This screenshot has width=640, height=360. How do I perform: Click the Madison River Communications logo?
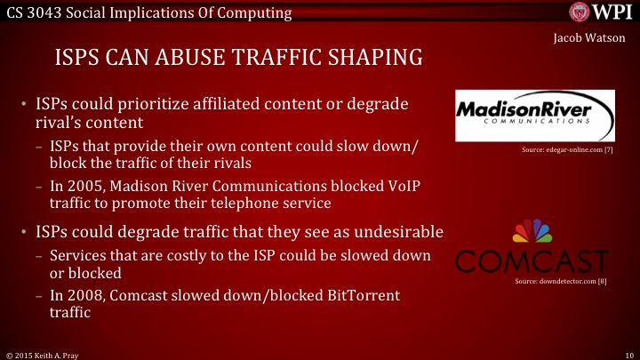pyautogui.click(x=533, y=116)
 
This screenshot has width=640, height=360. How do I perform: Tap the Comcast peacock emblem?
pyautogui.click(x=532, y=232)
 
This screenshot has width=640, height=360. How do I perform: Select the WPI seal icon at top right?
pyautogui.click(x=580, y=12)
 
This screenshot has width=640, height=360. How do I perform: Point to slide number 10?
pyautogui.click(x=628, y=354)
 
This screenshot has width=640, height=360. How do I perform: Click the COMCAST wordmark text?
pyautogui.click(x=532, y=261)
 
